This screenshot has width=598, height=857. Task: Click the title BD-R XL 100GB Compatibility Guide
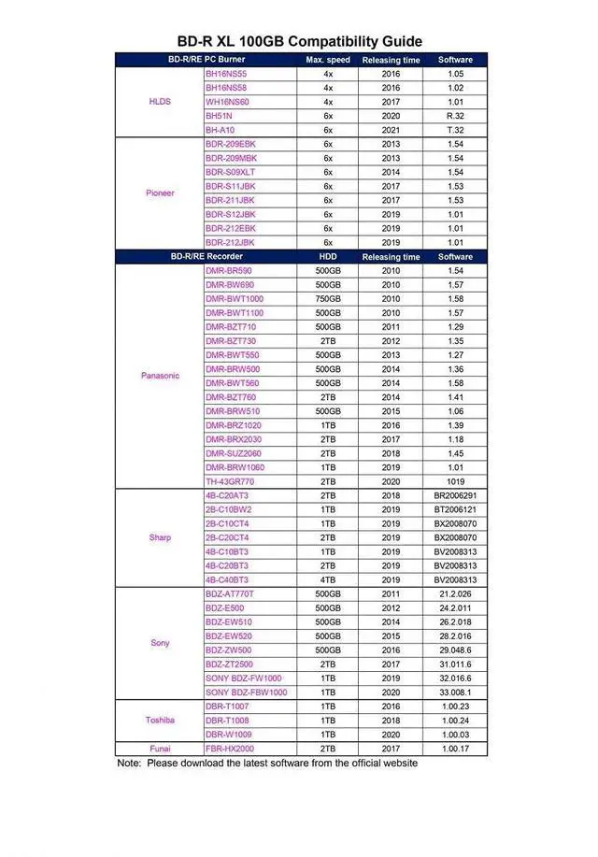click(x=299, y=41)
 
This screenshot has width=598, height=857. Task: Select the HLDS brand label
click(x=160, y=101)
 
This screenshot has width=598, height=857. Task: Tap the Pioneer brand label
click(x=160, y=193)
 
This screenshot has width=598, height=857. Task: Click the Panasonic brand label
click(x=160, y=376)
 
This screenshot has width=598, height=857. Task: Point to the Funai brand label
click(x=160, y=749)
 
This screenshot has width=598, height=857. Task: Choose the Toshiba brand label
click(x=160, y=721)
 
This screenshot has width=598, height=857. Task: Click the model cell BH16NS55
click(x=226, y=73)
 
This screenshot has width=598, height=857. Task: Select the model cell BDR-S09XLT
click(x=230, y=172)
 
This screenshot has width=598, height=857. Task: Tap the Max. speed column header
click(x=328, y=60)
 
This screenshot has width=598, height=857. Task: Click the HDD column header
click(x=328, y=257)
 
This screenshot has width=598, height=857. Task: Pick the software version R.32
click(x=455, y=115)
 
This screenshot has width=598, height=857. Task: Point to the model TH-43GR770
click(x=230, y=481)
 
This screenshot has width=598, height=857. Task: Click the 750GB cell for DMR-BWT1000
click(x=328, y=299)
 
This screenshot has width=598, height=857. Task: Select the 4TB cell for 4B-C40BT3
click(x=328, y=579)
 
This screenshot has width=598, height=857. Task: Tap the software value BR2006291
click(x=455, y=495)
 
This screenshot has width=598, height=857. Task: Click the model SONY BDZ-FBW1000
click(x=246, y=693)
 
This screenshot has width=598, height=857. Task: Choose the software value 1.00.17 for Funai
click(x=455, y=749)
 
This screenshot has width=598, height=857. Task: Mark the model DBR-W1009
click(x=227, y=735)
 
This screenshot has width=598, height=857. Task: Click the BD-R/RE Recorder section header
click(x=206, y=257)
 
